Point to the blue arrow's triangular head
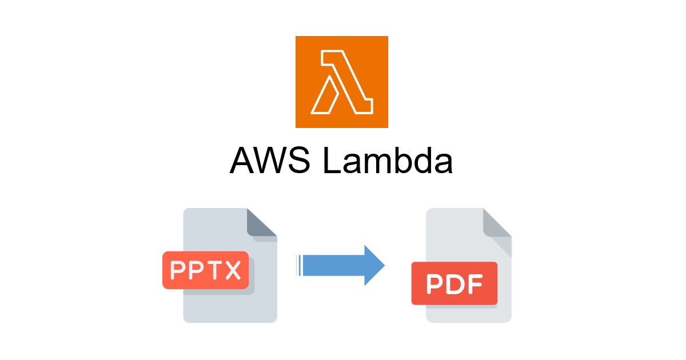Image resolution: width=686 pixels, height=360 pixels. (373, 265)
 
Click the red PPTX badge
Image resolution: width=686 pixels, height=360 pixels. (205, 270)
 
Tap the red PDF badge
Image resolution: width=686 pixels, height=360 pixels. (454, 283)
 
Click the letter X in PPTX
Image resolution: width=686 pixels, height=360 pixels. (232, 271)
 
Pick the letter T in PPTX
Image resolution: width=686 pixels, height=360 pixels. (214, 271)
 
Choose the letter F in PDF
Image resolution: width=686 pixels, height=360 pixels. (475, 284)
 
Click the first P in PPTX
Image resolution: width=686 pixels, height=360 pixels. (178, 271)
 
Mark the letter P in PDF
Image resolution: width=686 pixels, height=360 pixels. (434, 284)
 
